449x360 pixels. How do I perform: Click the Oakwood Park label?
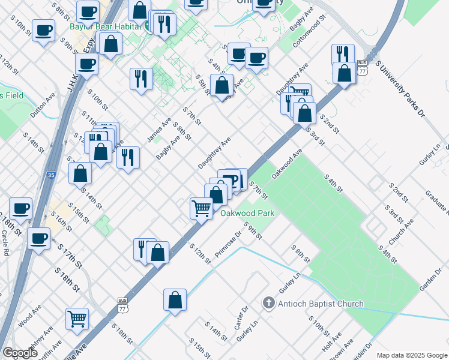(247, 213)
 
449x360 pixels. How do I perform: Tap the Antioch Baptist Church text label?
(321, 304)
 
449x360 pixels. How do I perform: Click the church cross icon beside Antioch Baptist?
(269, 304)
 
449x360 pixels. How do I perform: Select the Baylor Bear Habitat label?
(104, 26)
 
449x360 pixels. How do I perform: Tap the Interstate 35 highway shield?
(51, 176)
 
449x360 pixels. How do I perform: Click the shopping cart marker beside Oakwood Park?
(202, 209)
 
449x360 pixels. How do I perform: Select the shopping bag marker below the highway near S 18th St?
(175, 300)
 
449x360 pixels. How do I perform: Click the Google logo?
(20, 353)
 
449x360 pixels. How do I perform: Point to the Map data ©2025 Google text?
(411, 355)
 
